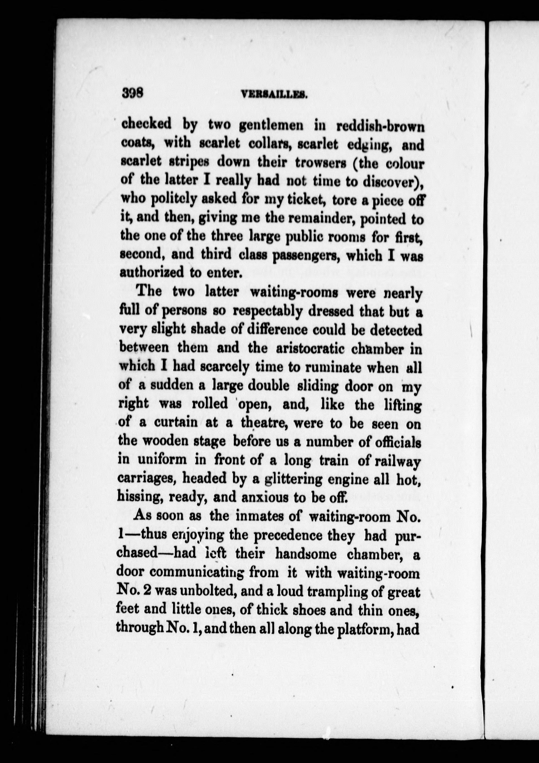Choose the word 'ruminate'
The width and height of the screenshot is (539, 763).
coord(328,367)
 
